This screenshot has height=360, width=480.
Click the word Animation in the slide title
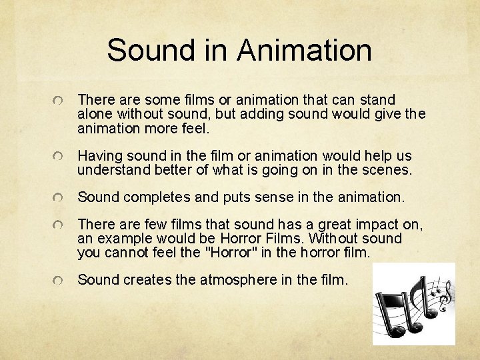point(303,50)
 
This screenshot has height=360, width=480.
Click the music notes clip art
point(413,303)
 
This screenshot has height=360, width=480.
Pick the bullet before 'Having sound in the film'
point(60,157)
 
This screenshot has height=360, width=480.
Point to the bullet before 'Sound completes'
point(60,198)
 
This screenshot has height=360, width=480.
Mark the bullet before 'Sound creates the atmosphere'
point(60,281)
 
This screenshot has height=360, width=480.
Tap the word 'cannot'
point(124,253)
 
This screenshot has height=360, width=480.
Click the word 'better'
point(170,170)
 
